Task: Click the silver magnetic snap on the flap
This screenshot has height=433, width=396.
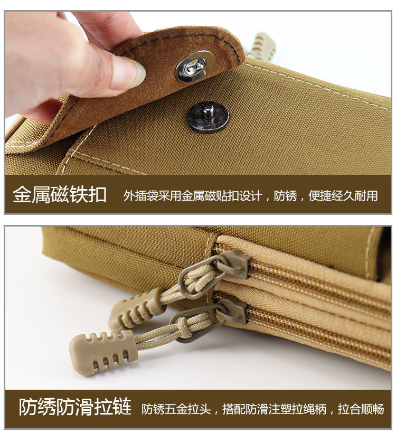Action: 195,67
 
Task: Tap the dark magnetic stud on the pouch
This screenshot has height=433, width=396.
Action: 208,117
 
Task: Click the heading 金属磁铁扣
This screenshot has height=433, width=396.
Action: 59,195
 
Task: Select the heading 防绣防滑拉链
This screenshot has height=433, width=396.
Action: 75,407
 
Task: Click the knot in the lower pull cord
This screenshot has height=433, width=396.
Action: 184,327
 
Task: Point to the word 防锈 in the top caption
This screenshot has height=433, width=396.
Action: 285,196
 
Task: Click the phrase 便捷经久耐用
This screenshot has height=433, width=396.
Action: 343,196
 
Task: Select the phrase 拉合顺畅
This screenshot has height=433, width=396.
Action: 361,409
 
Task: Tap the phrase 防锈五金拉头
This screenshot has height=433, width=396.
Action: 176,409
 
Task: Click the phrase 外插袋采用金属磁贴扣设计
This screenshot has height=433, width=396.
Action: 193,196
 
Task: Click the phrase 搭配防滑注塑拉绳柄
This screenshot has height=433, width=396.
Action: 275,409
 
